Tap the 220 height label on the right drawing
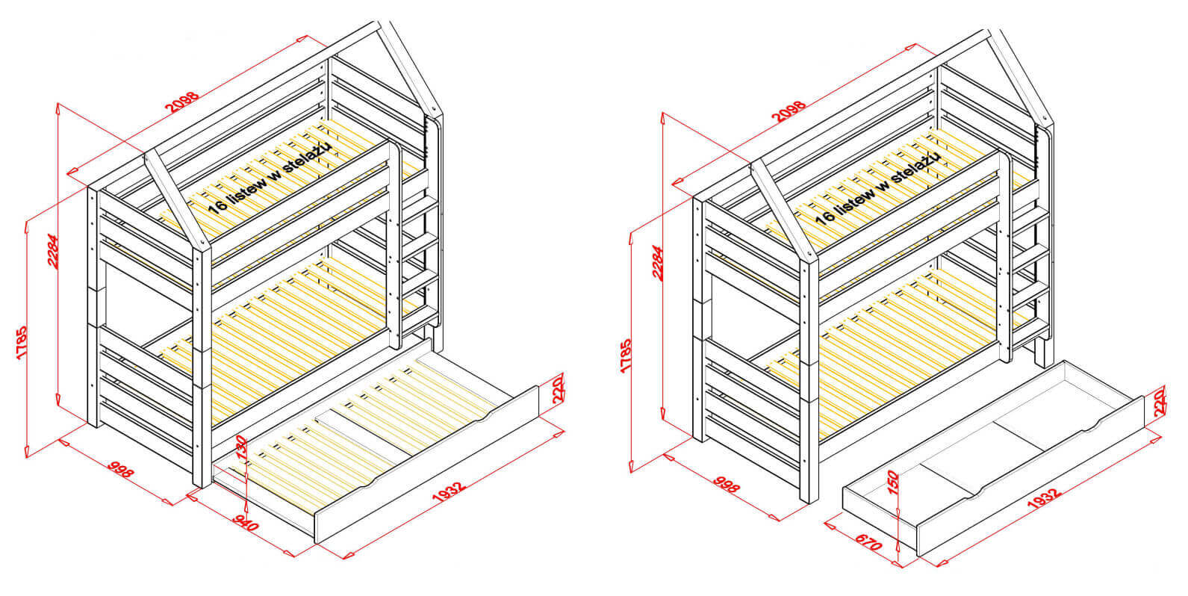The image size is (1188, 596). click(1159, 403)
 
